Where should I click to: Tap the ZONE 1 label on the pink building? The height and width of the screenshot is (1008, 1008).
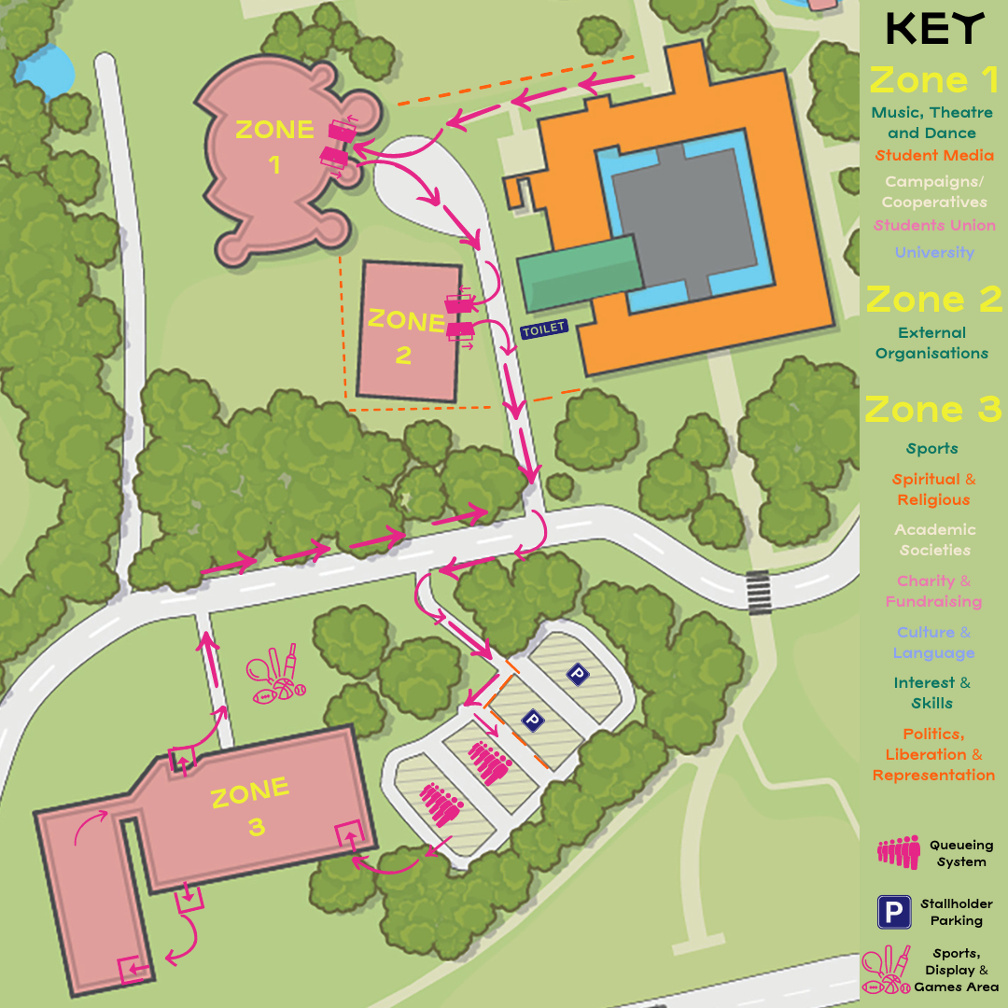click(x=273, y=146)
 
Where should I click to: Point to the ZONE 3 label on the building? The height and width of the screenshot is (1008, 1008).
click(x=250, y=808)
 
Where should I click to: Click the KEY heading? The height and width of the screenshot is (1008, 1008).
click(x=934, y=29)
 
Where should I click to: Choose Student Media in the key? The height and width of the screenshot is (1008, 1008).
click(x=934, y=156)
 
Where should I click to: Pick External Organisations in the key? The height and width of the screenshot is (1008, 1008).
click(x=931, y=343)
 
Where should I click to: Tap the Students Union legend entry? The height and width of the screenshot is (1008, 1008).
click(x=934, y=225)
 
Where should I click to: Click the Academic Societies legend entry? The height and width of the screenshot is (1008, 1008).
click(x=934, y=539)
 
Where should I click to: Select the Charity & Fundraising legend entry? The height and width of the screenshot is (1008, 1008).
click(x=934, y=591)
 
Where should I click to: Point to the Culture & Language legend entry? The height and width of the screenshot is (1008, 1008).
click(x=934, y=642)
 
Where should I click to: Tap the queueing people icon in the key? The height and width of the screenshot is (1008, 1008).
click(x=898, y=852)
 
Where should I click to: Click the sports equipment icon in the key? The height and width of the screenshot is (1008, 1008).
click(x=887, y=971)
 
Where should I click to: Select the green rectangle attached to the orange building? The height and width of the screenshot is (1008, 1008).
click(x=580, y=272)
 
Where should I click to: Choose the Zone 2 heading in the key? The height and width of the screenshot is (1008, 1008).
click(x=934, y=300)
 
